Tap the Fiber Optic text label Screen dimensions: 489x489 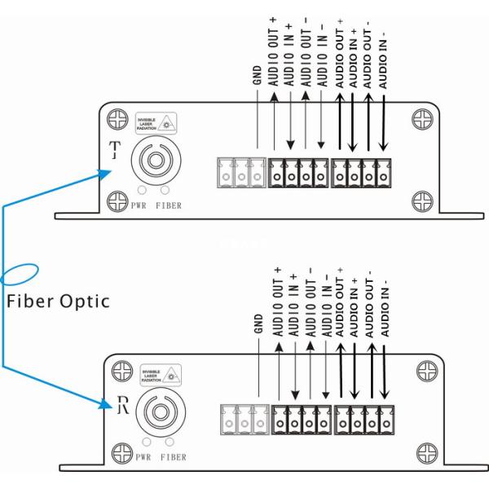coord(57,301)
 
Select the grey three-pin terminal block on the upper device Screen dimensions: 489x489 coord(240,172)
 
